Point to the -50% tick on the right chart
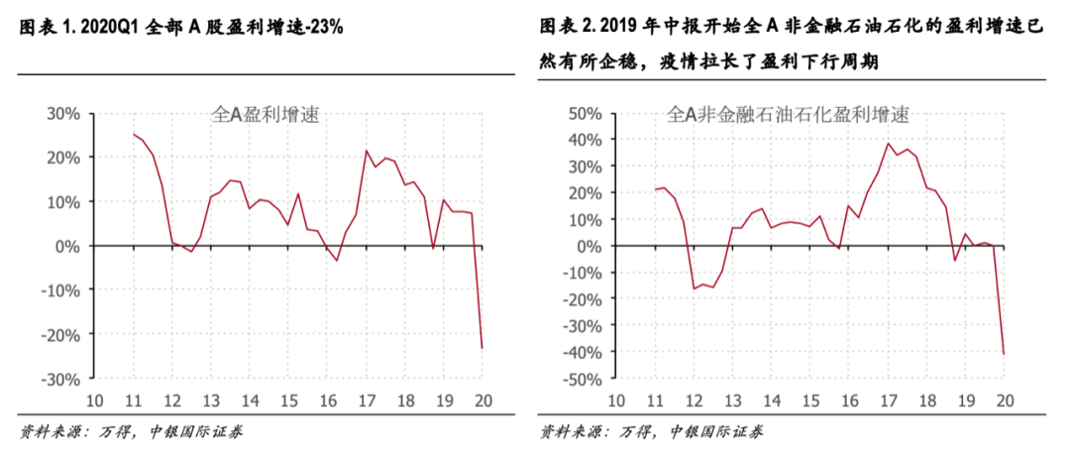click(584, 379)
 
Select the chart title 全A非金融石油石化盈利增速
click(790, 115)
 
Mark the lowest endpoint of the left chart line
click(481, 348)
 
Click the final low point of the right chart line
click(1003, 354)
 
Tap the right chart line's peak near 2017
click(888, 144)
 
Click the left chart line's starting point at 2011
click(134, 134)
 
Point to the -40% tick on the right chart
click(584, 352)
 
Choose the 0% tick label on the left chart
click(68, 246)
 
